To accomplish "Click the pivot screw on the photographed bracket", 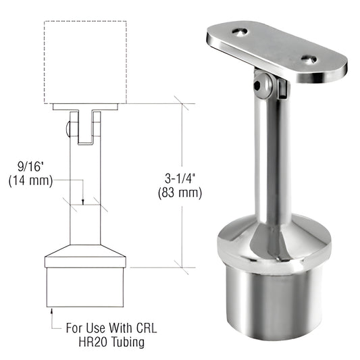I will [259, 85].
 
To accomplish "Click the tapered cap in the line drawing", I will [85, 258].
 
